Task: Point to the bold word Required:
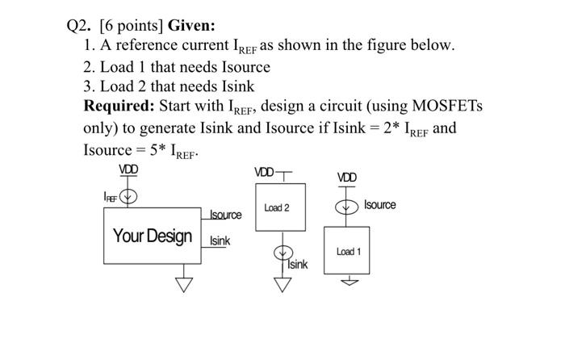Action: click(x=120, y=107)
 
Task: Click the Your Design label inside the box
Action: click(x=153, y=236)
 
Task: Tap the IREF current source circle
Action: click(x=128, y=195)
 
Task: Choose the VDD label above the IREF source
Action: click(x=128, y=170)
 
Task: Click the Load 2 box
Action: click(x=277, y=208)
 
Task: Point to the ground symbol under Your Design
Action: click(x=185, y=283)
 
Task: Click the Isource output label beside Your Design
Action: click(x=225, y=215)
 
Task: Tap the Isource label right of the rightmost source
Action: click(x=379, y=205)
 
